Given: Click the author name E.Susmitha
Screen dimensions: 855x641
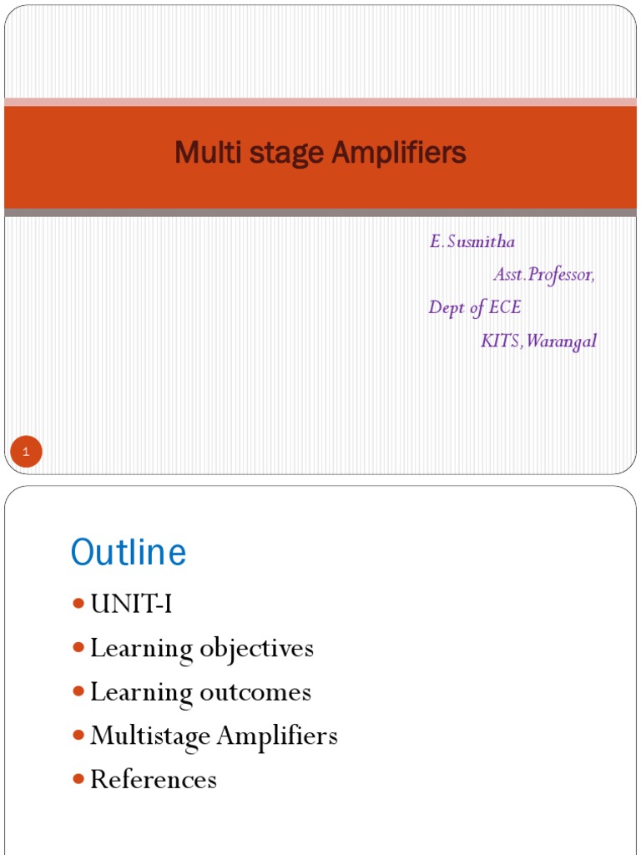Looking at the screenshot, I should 472,242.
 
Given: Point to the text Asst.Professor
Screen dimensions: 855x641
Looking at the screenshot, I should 544,275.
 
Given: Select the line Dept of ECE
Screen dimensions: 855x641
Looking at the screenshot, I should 474,307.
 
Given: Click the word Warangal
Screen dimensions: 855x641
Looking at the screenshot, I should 562,341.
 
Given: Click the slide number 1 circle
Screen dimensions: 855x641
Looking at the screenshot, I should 26,453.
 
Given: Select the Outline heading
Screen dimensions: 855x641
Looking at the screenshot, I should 129,553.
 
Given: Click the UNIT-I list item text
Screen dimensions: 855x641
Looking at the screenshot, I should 131,605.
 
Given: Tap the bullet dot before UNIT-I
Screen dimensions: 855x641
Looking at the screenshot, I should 78,604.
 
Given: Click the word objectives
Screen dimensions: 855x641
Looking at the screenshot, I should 256,649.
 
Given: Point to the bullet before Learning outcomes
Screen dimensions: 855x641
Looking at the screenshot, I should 78,691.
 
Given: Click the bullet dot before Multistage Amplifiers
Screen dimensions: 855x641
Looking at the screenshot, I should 78,735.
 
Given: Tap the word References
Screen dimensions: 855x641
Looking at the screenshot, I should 154,779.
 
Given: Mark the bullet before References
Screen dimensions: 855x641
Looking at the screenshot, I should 78,778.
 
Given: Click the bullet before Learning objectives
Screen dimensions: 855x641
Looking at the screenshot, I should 78,647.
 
